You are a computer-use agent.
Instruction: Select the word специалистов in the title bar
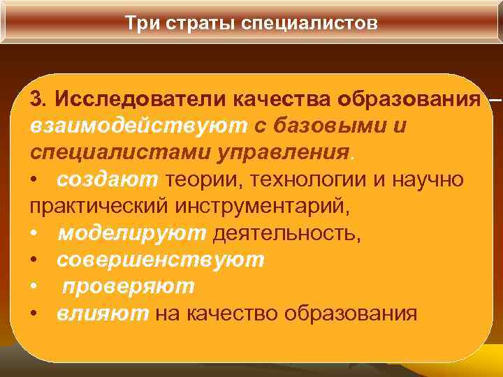(307, 23)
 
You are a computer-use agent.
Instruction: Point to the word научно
(428, 179)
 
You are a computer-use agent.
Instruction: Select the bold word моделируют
(131, 233)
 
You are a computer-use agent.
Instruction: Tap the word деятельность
(287, 233)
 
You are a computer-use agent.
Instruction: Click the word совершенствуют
(161, 260)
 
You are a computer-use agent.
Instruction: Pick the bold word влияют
(103, 313)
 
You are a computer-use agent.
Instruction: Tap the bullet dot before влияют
(35, 314)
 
